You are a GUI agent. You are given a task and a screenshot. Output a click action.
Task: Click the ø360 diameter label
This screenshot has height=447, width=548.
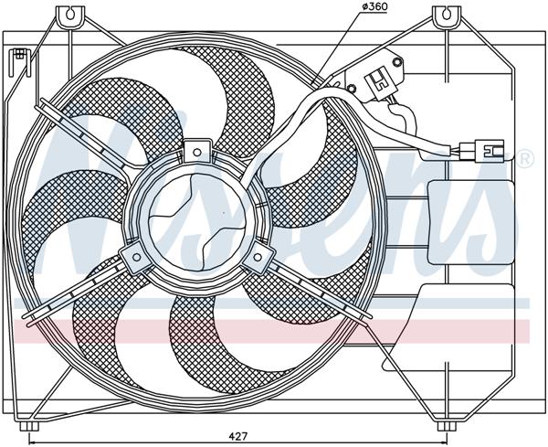(x=375, y=8)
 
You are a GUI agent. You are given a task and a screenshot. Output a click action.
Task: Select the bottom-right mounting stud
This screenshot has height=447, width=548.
(x=445, y=425)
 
